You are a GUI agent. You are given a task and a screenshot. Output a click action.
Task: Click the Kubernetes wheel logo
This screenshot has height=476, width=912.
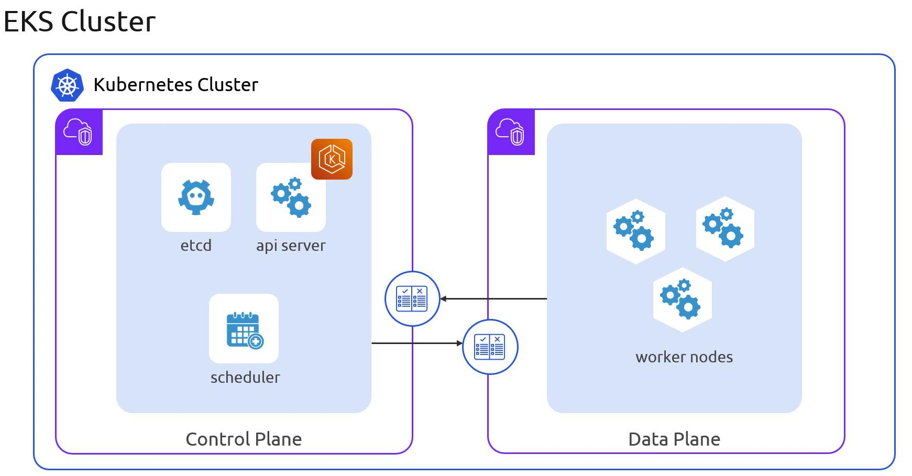click(67, 85)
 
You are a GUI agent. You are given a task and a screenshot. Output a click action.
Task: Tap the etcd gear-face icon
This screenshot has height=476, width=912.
click(196, 197)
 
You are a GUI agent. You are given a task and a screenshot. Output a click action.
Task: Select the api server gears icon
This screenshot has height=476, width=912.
click(291, 197)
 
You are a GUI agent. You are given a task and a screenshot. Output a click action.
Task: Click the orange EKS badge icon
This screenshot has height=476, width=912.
click(332, 159)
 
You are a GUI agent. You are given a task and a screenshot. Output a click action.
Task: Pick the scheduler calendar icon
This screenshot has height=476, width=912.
click(244, 329)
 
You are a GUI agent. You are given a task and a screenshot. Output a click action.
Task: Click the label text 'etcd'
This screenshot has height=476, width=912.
click(196, 246)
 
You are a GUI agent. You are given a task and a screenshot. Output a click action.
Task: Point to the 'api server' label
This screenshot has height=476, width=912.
click(291, 246)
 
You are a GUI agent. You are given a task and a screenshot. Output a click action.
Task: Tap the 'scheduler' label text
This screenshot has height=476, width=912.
click(245, 378)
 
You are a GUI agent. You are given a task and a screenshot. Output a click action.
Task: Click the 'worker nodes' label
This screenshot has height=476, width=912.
click(684, 357)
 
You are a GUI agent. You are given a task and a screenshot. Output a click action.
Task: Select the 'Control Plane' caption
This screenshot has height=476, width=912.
click(244, 439)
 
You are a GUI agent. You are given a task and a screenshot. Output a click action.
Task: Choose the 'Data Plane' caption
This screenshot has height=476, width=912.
click(674, 439)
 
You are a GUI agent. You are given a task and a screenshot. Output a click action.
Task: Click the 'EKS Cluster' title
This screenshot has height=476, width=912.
click(80, 22)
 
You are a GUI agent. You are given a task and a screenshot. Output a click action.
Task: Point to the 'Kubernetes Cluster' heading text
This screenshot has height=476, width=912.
click(176, 85)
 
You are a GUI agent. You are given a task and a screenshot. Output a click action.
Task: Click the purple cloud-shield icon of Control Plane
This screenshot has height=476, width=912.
click(79, 132)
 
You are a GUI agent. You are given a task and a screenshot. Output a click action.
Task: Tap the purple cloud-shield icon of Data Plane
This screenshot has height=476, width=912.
click(511, 132)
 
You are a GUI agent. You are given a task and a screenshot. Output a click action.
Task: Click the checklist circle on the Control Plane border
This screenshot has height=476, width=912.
click(412, 299)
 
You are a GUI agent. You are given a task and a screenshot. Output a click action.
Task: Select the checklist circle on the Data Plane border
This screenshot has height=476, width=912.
click(490, 347)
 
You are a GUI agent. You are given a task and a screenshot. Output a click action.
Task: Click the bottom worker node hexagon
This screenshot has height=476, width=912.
click(682, 300)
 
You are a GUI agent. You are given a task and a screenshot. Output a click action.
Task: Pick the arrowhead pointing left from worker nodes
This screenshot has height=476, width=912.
click(443, 299)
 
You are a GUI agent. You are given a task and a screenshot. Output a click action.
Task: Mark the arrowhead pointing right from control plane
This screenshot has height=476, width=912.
click(459, 344)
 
